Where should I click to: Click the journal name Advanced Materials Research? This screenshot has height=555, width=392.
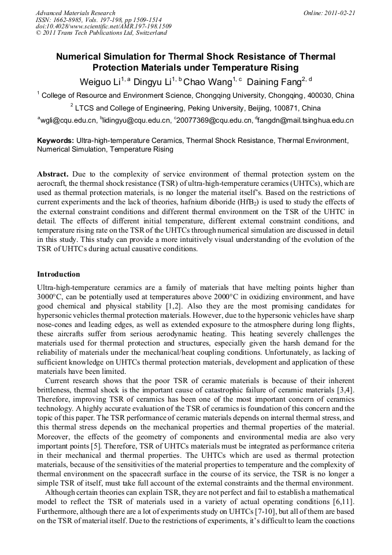pyautogui.click(x=75, y=13)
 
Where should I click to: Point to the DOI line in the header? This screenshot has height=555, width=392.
pyautogui.click(x=103, y=27)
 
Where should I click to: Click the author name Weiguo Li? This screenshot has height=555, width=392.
pyautogui.click(x=99, y=80)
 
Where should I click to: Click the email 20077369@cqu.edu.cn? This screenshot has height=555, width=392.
pyautogui.click(x=214, y=120)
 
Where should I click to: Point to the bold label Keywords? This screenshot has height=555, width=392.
pyautogui.click(x=56, y=141)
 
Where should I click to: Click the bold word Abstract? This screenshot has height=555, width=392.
pyautogui.click(x=53, y=174)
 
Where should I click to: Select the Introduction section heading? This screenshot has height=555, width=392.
pyautogui.click(x=58, y=274)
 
